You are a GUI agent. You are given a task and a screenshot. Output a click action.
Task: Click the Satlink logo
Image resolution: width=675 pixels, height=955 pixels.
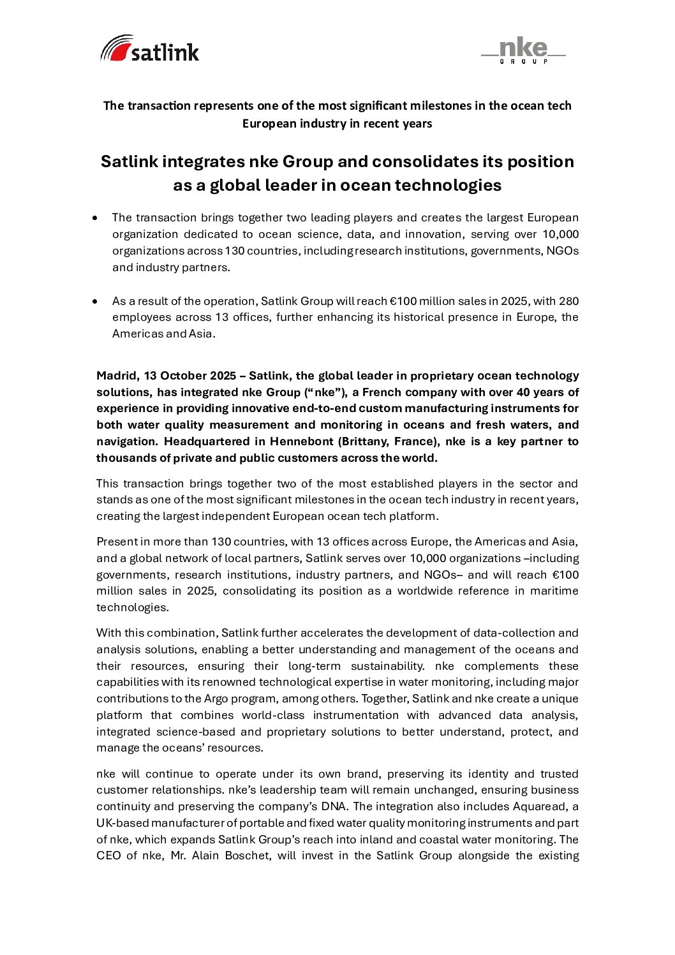click(150, 49)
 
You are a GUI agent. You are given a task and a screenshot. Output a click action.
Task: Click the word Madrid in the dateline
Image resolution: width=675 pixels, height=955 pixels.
click(117, 376)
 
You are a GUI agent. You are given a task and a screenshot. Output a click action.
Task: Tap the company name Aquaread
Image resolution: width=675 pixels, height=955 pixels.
click(542, 806)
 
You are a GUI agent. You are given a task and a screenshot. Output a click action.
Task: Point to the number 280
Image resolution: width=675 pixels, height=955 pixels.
click(568, 301)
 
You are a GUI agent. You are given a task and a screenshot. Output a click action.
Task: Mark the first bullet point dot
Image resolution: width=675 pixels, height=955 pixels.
click(95, 218)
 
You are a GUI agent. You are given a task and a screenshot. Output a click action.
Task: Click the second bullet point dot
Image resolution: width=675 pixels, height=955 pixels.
click(95, 301)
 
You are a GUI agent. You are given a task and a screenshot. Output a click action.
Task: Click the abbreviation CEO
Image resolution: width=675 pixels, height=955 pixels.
click(108, 855)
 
